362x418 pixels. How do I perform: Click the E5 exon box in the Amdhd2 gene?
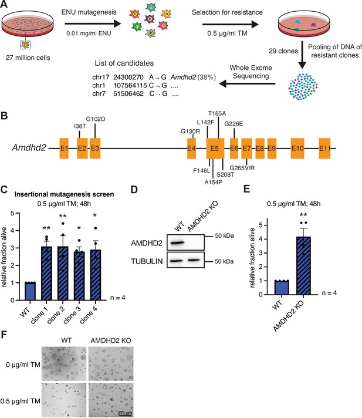(x=215, y=149)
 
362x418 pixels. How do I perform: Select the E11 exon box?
(x=324, y=149)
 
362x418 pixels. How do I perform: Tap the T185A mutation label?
(x=217, y=113)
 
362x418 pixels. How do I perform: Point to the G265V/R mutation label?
(x=242, y=168)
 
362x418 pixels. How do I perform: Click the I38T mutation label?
(x=80, y=126)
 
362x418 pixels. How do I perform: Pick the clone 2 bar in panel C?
(x=63, y=273)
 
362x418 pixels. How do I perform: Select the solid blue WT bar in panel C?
(x=30, y=291)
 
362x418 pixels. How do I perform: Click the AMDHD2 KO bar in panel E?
(x=303, y=265)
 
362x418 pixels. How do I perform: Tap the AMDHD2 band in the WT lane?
(x=177, y=243)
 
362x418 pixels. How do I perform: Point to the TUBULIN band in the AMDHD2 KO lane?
(x=194, y=261)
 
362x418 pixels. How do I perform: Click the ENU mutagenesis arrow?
(x=93, y=23)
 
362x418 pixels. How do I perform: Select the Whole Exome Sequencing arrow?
(x=247, y=84)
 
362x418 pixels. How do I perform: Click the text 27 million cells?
(x=28, y=58)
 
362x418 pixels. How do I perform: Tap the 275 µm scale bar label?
(x=124, y=413)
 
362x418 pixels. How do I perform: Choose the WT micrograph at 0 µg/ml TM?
(x=64, y=363)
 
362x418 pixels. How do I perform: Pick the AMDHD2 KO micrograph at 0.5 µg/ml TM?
(x=111, y=400)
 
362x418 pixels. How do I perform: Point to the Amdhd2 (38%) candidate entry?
(x=193, y=77)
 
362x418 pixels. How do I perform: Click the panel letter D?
(x=134, y=190)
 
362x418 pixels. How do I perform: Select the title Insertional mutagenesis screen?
(x=64, y=194)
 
